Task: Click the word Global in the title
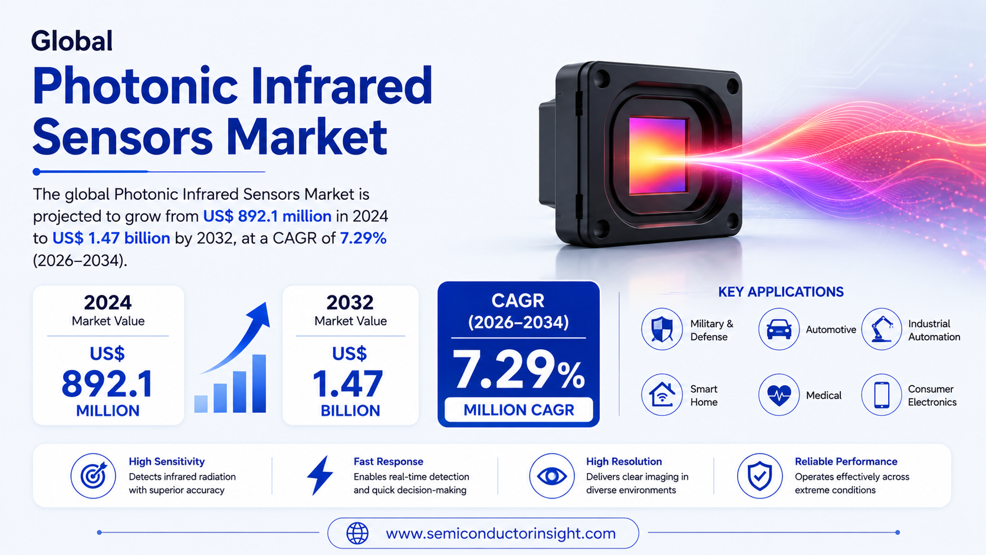(72, 41)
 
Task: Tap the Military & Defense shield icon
(662, 329)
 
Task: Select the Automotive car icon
(778, 329)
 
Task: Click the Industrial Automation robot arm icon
(882, 329)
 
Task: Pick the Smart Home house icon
(662, 395)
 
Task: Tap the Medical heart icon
(778, 395)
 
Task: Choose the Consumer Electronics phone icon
(882, 395)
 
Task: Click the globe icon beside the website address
(357, 533)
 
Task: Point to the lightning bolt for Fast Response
(320, 476)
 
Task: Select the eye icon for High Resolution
(551, 476)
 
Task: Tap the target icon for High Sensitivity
(93, 476)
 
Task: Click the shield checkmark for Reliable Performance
(760, 476)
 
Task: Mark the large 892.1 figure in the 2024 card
(107, 384)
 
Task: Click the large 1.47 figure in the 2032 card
(348, 384)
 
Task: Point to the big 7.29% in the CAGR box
(518, 369)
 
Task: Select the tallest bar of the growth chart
(259, 383)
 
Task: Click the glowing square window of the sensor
(658, 156)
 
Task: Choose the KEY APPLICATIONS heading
(781, 292)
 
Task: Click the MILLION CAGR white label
(518, 410)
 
